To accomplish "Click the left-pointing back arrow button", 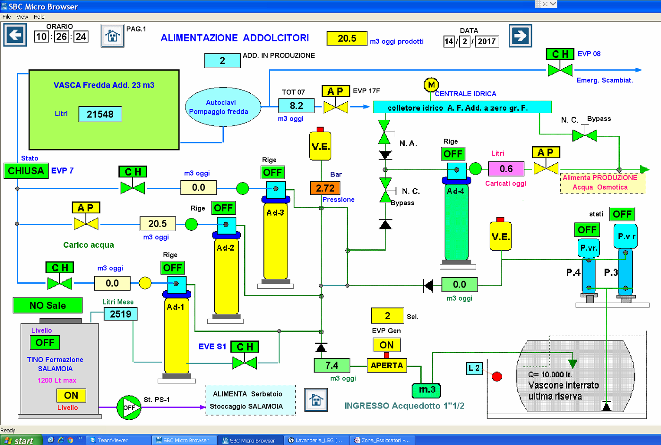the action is click(15, 35).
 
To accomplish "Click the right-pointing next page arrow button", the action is click(520, 36).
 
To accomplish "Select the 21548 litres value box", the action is click(100, 114).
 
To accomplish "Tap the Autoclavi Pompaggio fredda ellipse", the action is click(223, 107).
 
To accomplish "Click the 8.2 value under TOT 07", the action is click(296, 106).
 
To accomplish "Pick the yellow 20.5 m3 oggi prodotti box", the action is click(347, 38).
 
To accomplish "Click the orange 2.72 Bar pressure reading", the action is click(325, 188).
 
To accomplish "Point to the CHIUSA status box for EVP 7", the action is click(26, 170).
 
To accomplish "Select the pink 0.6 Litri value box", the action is click(506, 169).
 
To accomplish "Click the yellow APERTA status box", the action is click(387, 366).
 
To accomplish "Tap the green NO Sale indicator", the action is click(48, 305).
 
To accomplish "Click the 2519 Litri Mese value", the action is click(121, 314).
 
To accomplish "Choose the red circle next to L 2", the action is click(497, 376).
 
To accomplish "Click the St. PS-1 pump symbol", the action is click(129, 408).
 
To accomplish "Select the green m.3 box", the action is click(426, 390).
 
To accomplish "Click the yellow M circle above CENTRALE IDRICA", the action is click(431, 85).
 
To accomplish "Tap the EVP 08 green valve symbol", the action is click(560, 71).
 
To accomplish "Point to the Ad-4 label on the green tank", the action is click(455, 191).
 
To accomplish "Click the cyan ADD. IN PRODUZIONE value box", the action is click(223, 61).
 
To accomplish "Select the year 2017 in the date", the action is click(487, 41).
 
